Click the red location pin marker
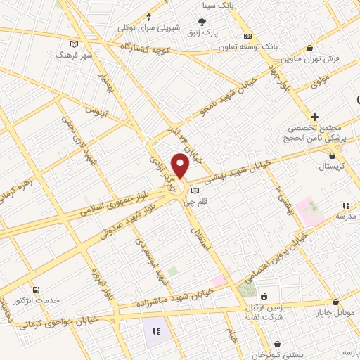coord(181,167)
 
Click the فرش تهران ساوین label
coord(333,60)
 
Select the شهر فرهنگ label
coord(77,54)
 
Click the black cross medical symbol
coord(314,116)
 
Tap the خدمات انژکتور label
coord(31,301)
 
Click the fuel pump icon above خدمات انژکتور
coord(36,289)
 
